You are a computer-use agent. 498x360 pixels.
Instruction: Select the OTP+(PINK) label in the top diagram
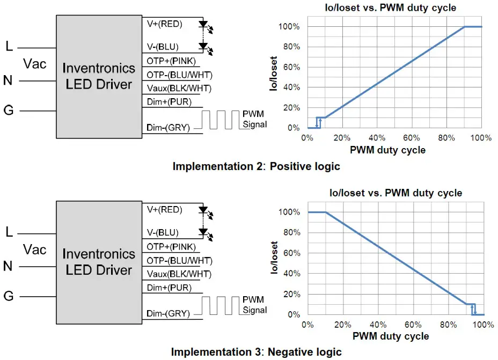point(171,61)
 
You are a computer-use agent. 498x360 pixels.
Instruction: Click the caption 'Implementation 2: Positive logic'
point(256,166)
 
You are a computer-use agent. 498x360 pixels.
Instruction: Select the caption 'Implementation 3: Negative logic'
point(256,352)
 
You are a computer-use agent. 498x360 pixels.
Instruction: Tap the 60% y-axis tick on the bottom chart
point(290,253)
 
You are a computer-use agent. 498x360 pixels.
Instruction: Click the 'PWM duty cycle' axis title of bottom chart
point(391,336)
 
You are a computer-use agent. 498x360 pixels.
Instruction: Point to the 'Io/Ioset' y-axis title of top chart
point(274,74)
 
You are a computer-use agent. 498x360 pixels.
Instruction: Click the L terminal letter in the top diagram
point(9,47)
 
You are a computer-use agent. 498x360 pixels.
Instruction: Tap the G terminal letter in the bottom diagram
point(9,296)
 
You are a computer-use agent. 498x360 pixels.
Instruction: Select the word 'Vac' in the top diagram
point(35,64)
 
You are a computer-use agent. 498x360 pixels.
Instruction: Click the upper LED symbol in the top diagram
point(203,25)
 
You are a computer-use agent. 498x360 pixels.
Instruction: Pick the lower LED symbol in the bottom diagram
point(203,233)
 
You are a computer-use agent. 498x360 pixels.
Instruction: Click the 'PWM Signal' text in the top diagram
point(254,120)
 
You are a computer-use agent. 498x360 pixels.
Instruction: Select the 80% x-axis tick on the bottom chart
point(448,325)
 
